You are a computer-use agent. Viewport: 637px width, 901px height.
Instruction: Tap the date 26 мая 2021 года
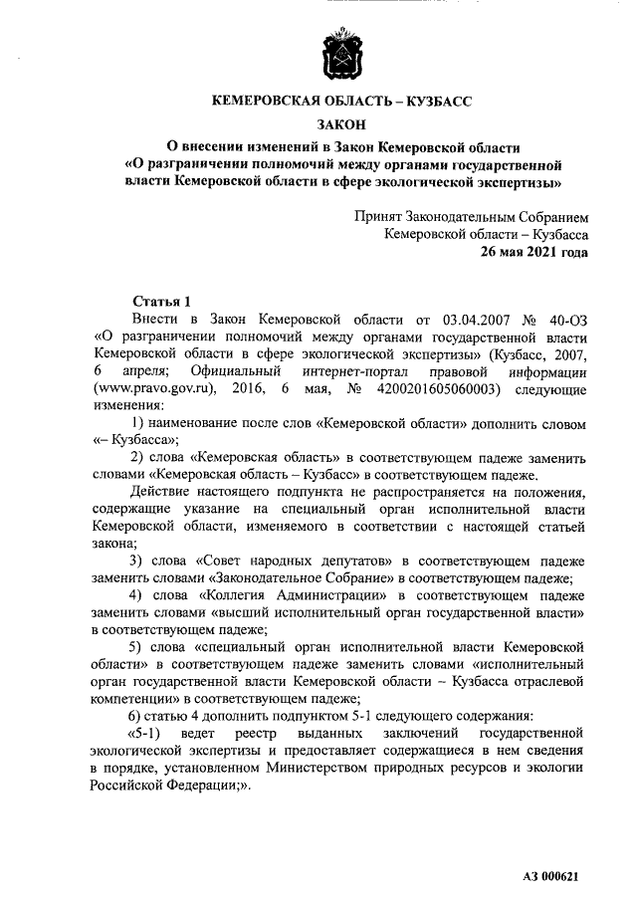tap(533, 252)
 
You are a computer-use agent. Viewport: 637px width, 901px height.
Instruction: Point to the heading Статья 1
tap(161, 302)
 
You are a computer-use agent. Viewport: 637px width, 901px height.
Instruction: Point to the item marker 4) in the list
tap(138, 595)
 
